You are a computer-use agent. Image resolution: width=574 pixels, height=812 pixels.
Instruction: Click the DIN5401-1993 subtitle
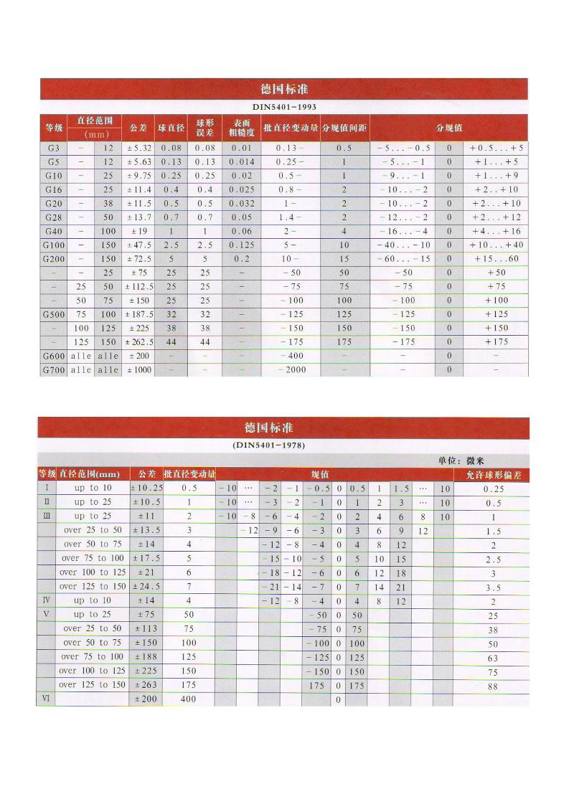coord(284,106)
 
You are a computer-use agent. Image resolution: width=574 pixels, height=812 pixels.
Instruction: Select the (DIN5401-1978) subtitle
coord(269,445)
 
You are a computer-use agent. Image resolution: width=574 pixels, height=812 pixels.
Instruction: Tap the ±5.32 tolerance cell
coord(140,148)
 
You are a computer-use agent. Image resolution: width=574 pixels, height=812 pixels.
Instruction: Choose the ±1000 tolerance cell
coord(140,369)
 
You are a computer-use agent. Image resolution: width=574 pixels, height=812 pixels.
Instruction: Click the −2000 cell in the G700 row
coord(291,369)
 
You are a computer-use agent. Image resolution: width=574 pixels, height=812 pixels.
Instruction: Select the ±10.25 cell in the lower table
coord(147,488)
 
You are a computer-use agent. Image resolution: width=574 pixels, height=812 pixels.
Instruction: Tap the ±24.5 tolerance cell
coord(147,586)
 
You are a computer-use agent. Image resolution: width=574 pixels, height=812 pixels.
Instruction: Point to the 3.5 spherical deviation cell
coord(492,586)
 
